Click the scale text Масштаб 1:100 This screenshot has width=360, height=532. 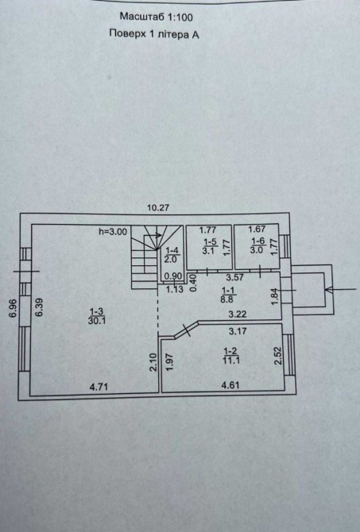click(157, 17)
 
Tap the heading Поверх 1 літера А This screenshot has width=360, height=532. click(154, 34)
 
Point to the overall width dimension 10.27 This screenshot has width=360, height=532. click(158, 208)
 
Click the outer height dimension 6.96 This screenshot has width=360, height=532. click(13, 308)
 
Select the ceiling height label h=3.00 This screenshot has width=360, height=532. click(113, 232)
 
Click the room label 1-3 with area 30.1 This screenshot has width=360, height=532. click(97, 316)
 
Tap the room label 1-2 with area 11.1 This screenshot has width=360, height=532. click(231, 355)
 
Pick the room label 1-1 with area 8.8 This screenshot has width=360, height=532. click(228, 295)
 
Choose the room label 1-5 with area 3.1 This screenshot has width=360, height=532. click(210, 246)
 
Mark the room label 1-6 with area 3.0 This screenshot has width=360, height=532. click(257, 245)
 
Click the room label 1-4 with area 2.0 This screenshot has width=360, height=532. click(172, 255)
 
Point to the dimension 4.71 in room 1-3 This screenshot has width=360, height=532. click(99, 387)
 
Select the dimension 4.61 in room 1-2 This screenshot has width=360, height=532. click(230, 385)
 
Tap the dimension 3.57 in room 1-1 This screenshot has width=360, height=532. click(235, 277)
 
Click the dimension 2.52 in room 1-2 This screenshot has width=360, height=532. click(278, 356)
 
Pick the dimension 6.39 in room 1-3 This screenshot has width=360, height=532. click(40, 307)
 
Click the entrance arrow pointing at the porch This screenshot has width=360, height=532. click(341, 290)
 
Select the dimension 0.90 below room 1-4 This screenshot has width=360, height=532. click(173, 276)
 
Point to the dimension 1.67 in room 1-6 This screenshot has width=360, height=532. click(257, 229)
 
